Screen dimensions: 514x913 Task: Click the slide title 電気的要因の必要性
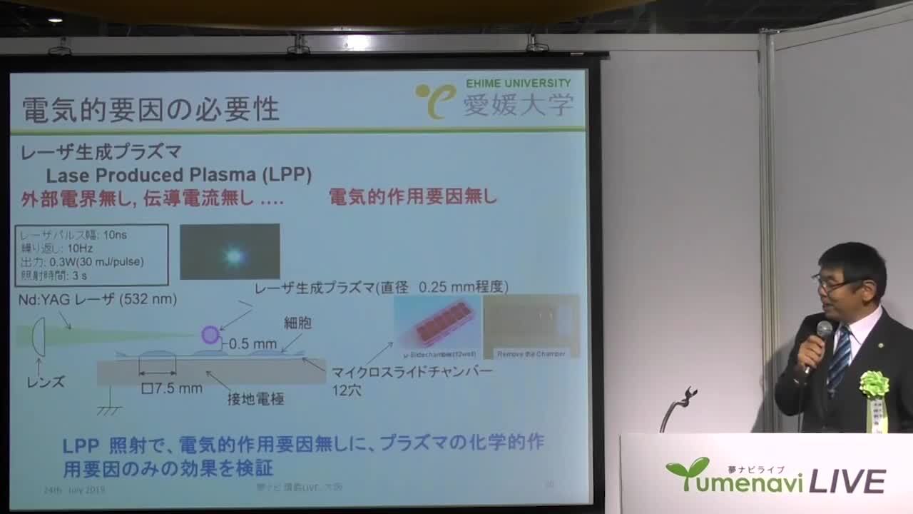pyautogui.click(x=151, y=109)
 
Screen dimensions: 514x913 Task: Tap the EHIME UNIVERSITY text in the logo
pyautogui.click(x=519, y=84)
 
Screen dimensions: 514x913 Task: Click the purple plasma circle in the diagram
pyautogui.click(x=210, y=334)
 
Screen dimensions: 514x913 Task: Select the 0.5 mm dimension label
pyautogui.click(x=253, y=343)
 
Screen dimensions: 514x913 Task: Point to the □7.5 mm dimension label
pyautogui.click(x=172, y=388)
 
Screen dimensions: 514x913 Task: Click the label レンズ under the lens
pyautogui.click(x=45, y=382)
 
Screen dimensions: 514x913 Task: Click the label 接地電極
pyautogui.click(x=255, y=399)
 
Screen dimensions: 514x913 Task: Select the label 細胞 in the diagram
pyautogui.click(x=297, y=323)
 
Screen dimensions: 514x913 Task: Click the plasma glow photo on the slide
pyautogui.click(x=230, y=252)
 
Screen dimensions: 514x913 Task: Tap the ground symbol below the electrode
pyautogui.click(x=109, y=410)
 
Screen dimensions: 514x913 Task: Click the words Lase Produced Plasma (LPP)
pyautogui.click(x=178, y=176)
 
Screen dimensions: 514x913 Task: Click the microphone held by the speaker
pyautogui.click(x=823, y=331)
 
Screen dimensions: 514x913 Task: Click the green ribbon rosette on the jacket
pyautogui.click(x=874, y=384)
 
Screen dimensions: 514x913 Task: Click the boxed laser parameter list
pyautogui.click(x=91, y=255)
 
